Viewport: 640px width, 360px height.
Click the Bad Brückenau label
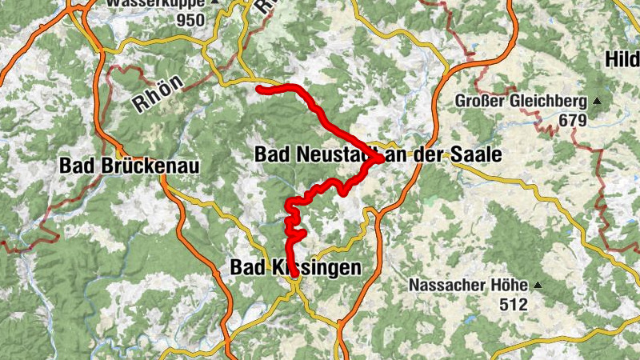tap(128, 166)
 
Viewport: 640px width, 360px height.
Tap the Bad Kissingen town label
tap(295, 268)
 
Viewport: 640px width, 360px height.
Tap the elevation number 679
tap(573, 121)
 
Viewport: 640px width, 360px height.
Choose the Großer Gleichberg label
tap(522, 102)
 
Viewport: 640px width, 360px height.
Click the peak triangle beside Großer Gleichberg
tap(597, 102)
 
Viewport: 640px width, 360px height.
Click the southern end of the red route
tap(294, 274)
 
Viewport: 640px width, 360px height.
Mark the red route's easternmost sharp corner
tap(379, 159)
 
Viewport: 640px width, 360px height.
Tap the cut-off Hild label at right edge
tap(622, 59)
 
